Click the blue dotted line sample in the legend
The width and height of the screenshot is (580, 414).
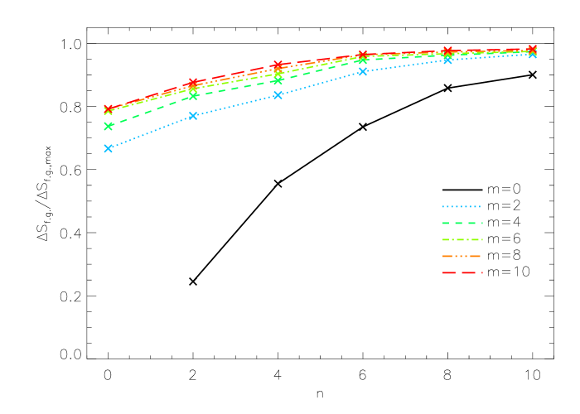[x=462, y=206]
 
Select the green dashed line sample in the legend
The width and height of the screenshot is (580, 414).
[x=462, y=223]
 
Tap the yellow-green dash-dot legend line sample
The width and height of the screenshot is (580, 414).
[x=462, y=239]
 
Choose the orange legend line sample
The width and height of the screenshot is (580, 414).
[x=462, y=256]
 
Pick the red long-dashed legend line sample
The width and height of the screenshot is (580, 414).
[x=462, y=272]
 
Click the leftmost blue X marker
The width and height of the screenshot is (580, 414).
[x=108, y=148]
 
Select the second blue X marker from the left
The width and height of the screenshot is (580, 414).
[x=193, y=116]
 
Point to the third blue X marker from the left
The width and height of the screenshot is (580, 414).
[x=278, y=95]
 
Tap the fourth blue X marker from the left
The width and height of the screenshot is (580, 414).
[x=363, y=71]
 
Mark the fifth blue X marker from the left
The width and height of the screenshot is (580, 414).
[x=448, y=60]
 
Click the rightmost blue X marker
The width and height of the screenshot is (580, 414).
[x=533, y=54]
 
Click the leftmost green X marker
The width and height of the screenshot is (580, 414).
[x=108, y=126]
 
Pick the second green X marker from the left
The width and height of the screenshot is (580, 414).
[x=193, y=96]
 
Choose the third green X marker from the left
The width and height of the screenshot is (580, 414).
[x=278, y=80]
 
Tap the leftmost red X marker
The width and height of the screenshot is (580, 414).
[x=108, y=108]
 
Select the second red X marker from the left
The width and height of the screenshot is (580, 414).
[x=193, y=82]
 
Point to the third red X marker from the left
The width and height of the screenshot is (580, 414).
[x=278, y=65]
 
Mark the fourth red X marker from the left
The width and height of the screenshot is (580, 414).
[x=363, y=55]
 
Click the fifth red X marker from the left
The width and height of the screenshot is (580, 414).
[x=448, y=51]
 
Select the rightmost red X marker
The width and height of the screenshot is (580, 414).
[x=533, y=49]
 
